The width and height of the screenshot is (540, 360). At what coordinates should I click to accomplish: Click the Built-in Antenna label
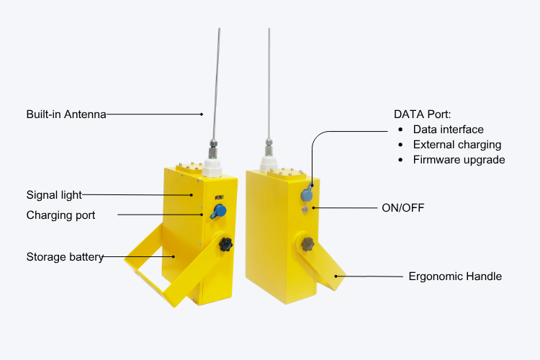(x=66, y=114)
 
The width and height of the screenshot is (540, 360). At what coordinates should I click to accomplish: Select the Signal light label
(x=54, y=194)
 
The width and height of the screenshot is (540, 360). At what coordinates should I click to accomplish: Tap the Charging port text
(x=60, y=215)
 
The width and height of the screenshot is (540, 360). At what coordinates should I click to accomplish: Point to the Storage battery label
(x=65, y=256)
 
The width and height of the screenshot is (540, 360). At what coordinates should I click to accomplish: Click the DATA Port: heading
(x=422, y=114)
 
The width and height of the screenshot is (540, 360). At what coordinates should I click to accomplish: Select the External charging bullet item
(x=457, y=145)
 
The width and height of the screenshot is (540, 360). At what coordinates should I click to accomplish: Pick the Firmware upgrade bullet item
(x=459, y=160)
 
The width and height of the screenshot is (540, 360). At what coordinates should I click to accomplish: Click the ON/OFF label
(x=403, y=208)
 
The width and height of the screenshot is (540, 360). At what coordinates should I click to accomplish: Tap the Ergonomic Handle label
(x=455, y=276)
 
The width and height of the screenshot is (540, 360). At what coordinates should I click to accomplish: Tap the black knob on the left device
(x=227, y=245)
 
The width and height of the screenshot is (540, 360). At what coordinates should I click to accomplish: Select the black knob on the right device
(x=307, y=244)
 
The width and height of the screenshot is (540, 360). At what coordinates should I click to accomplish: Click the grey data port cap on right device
(x=306, y=193)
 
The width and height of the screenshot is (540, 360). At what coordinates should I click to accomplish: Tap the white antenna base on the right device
(x=270, y=165)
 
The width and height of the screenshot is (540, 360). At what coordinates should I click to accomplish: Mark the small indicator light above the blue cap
(x=218, y=195)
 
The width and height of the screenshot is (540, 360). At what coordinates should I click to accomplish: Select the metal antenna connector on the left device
(x=214, y=148)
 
